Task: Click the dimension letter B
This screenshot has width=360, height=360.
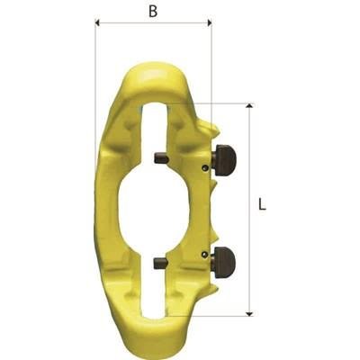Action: click(x=153, y=12)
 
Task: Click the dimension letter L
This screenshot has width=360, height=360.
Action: click(x=262, y=204)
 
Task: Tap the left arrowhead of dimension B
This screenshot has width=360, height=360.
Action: click(x=97, y=22)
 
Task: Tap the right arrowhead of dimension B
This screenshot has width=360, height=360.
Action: click(x=210, y=22)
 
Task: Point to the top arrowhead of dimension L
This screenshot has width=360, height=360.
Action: click(x=249, y=105)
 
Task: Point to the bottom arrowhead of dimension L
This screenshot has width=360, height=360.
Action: click(x=249, y=314)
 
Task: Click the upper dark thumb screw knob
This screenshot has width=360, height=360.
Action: click(x=224, y=157)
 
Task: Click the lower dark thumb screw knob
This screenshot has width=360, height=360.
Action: click(x=224, y=258)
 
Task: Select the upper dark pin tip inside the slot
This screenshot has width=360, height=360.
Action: click(x=159, y=157)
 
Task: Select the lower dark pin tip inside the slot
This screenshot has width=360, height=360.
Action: click(x=159, y=263)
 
